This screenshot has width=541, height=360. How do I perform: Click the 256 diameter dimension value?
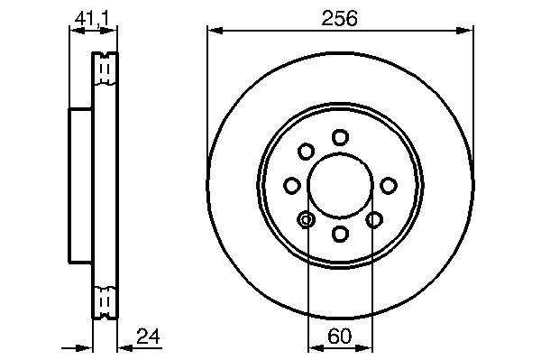point(340,19)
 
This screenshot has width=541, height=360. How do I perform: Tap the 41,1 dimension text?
point(92,18)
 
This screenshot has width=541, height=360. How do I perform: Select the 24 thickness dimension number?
point(148,337)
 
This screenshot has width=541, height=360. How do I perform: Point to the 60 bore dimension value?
point(340,337)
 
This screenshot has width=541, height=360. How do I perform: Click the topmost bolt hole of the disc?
point(340,137)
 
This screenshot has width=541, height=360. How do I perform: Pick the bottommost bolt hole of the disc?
point(340,234)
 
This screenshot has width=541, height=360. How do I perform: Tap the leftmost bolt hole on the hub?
point(292,185)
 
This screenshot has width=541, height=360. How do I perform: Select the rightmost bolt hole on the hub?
point(389,185)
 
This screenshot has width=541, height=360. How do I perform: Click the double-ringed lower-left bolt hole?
point(306,219)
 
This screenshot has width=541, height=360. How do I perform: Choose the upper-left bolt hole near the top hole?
point(306,152)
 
